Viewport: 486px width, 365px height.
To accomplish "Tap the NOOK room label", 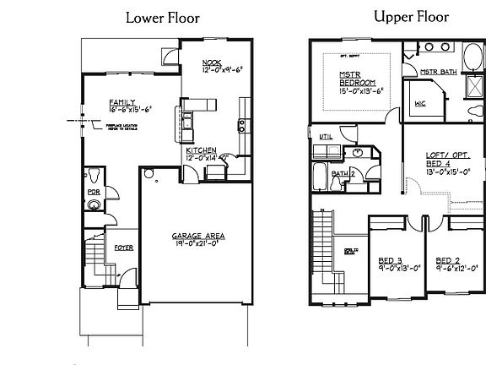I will coord(212,63).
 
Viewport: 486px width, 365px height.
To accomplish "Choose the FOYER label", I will coord(123,248).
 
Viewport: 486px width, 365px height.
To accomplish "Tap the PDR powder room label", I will coord(94,203).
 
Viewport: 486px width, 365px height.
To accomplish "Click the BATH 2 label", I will coord(341,173).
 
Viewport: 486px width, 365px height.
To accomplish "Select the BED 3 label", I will coord(388,259).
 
